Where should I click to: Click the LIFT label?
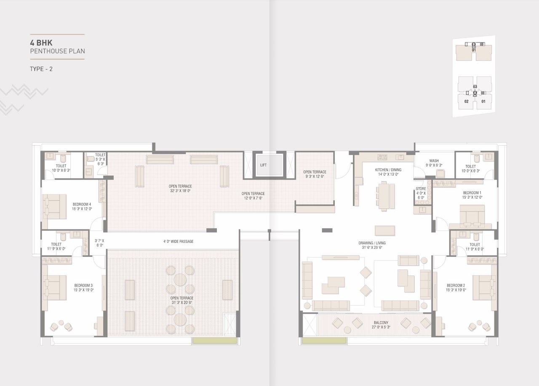pos(263,165)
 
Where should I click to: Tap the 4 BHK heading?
pos(41,43)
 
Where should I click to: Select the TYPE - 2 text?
pos(41,69)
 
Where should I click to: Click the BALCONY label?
pos(381,322)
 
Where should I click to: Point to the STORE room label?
pos(421,189)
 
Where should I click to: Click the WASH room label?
pos(434,161)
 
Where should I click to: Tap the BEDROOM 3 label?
pos(83,285)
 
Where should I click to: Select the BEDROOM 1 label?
pos(472,193)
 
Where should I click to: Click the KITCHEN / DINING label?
pos(388,170)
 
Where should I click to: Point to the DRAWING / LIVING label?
pos(372,243)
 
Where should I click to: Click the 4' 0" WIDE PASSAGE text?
pos(178,242)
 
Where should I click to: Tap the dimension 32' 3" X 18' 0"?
pos(180,191)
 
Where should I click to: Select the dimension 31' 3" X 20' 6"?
pos(181,303)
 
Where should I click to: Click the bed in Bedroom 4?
pos(55,207)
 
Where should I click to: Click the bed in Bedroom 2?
pos(484,288)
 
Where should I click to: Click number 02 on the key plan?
pos(466,101)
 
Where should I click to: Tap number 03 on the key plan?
pos(475,87)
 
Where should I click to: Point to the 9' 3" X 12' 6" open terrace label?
pos(315,176)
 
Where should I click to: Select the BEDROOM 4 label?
pos(82,205)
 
